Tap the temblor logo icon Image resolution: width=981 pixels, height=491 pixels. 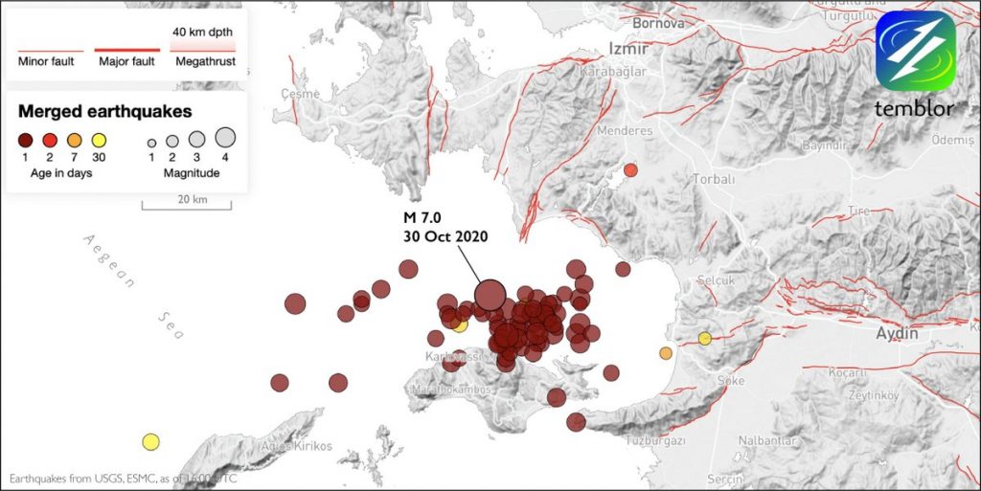[x=915, y=52]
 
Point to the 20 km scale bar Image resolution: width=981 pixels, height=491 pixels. [x=187, y=204]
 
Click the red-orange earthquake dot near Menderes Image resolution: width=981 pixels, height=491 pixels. [x=630, y=170]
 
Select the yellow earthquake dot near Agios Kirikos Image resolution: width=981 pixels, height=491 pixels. [x=150, y=441]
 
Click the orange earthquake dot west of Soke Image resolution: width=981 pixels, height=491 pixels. [x=666, y=353]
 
